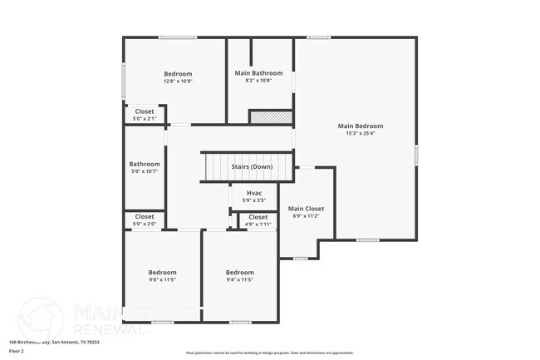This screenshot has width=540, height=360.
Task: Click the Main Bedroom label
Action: pos(360,126)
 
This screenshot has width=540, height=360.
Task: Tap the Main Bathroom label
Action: pos(258,72)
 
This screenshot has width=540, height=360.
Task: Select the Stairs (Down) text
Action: pos(252,166)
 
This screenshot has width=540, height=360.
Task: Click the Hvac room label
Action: pos(254,193)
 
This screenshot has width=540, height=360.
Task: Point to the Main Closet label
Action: pos(306,209)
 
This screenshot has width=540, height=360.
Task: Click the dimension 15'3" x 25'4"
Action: pos(360,133)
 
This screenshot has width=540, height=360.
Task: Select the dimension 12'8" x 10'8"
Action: pos(177,81)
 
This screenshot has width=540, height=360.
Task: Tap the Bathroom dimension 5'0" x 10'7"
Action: pos(145,171)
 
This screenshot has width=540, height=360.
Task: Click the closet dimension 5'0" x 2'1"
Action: pos(145,118)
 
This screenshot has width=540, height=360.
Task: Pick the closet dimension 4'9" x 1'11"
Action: pos(258,224)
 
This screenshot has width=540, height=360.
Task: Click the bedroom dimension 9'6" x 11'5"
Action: pos(162,279)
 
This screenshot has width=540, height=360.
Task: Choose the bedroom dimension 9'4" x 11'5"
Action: pos(240,279)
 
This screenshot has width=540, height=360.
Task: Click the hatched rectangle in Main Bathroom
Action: pos(271,118)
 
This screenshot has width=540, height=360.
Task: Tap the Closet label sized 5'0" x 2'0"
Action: pos(145,217)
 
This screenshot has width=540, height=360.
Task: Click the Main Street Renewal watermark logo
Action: pos(40,318)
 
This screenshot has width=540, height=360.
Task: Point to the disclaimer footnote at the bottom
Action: pos(269,353)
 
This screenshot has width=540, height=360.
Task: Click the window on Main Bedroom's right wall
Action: pos(416,155)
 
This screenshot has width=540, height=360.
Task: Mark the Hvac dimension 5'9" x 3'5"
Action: pos(254,200)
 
